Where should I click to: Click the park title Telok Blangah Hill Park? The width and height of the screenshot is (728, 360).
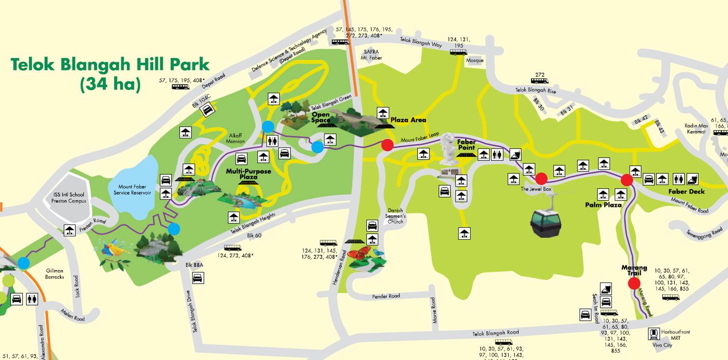click(x=110, y=64)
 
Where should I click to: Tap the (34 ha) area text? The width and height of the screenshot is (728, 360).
click(x=110, y=84)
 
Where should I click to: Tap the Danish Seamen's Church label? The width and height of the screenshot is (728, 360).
click(x=396, y=216)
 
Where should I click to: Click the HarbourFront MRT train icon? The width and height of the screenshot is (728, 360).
click(x=654, y=334)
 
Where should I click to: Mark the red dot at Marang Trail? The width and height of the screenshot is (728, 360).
click(x=634, y=284)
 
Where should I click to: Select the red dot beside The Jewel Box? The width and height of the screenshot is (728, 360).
click(x=541, y=179)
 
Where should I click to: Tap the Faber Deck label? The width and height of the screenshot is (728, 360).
click(x=686, y=191)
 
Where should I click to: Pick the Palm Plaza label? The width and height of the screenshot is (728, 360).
click(x=603, y=205)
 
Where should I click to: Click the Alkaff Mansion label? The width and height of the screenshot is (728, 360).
click(x=235, y=138)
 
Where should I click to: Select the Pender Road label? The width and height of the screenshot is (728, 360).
click(x=386, y=296)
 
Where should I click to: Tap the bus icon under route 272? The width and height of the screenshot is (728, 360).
click(x=539, y=81)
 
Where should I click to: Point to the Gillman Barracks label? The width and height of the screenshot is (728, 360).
click(x=55, y=274)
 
